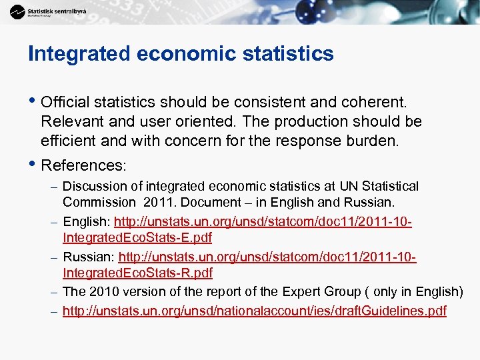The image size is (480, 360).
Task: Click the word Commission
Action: pos(99,202)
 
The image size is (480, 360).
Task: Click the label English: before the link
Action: pos(87,221)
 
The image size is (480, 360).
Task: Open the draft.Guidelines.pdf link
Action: pos(254,311)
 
